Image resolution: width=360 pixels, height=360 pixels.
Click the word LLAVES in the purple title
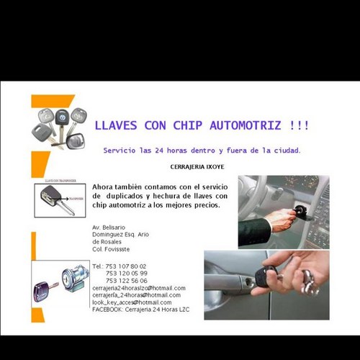point(117,125)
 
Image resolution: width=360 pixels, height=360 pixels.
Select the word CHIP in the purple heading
point(189,125)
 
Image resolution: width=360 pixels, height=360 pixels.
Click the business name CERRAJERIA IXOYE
point(197,166)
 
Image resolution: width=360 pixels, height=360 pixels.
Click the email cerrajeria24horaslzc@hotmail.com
point(138,288)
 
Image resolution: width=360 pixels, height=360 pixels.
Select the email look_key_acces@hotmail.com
point(131,302)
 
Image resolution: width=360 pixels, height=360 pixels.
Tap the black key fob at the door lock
point(269,276)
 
